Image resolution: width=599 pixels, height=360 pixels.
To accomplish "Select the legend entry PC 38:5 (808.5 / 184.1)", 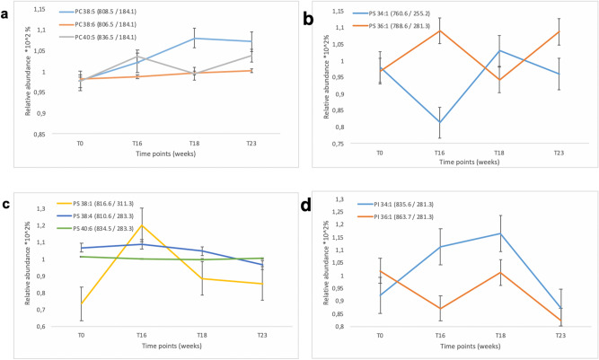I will tap(106, 14).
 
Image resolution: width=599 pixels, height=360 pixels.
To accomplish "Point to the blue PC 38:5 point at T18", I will tap(195, 38).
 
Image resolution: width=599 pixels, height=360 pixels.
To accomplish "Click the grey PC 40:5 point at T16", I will tap(137, 56).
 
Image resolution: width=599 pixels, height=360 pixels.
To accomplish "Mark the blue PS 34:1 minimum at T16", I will tap(439, 122).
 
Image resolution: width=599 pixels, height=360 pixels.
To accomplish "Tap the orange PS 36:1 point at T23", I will tap(559, 31).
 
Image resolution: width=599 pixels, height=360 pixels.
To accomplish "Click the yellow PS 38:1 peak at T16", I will tap(141, 225).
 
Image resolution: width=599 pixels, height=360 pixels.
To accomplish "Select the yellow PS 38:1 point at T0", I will tap(82, 303).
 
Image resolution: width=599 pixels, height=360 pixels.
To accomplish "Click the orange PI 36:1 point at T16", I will tap(438, 309).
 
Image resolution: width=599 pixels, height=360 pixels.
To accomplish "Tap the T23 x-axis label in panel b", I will tap(559, 154).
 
